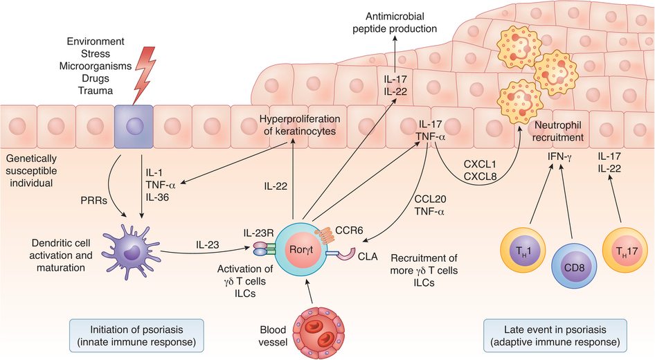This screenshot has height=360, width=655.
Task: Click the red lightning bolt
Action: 145,74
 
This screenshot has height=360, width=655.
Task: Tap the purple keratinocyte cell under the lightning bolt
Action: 134,127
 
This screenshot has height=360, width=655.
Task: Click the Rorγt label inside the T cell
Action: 300,250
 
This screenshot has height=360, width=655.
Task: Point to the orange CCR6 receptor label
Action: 349,231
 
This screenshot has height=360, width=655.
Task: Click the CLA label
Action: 368,256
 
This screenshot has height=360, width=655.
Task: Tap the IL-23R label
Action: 258,232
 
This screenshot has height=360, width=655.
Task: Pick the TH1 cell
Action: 523,250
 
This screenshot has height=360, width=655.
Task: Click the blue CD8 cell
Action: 575,266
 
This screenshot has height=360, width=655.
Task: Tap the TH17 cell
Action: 625,250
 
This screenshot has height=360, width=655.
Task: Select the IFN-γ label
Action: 559,157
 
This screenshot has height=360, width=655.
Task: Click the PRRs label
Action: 93,201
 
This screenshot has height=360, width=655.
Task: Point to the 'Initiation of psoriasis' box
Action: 136,335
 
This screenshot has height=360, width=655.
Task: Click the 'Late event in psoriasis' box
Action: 555,335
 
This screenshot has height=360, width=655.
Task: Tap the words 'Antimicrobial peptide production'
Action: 395,23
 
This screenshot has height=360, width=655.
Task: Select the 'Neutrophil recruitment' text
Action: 557,131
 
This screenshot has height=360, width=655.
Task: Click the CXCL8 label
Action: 480,177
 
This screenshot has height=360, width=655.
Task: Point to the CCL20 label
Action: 430,199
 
